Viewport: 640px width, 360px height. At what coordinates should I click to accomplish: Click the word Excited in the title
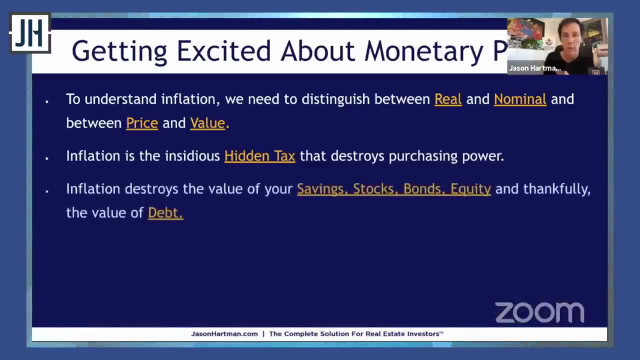point(223,51)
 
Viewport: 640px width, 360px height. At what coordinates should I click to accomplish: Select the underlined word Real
point(448,99)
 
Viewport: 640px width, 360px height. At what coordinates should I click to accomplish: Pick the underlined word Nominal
point(520,99)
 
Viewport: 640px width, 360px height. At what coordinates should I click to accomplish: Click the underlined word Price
point(142,123)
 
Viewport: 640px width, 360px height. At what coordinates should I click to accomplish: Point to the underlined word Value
point(207,123)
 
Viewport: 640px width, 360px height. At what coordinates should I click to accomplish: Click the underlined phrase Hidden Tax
point(259,156)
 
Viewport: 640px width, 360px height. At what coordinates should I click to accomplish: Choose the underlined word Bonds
point(424,189)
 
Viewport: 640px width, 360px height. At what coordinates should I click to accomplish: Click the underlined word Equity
point(470,189)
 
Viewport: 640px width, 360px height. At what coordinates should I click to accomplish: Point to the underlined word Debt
point(165,213)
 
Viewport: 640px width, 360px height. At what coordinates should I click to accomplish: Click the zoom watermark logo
point(539,312)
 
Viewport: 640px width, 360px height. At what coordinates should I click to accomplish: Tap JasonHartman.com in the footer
point(224,333)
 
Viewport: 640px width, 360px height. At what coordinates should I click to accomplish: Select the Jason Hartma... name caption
point(534,68)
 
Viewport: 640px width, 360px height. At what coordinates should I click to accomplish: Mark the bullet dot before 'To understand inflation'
point(47,101)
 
